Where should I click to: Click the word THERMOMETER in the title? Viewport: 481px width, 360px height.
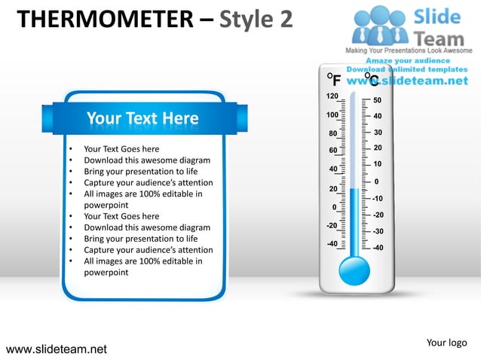click(106, 18)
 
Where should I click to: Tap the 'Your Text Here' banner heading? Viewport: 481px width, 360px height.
click(142, 118)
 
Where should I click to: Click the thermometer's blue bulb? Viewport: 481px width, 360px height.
click(354, 270)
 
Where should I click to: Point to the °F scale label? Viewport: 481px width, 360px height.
click(333, 80)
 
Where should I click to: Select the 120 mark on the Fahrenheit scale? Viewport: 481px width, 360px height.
click(332, 97)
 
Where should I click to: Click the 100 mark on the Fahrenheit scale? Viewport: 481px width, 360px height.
click(332, 115)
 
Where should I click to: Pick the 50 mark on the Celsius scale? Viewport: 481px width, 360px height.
click(378, 100)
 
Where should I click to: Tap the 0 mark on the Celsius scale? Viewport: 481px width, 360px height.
click(376, 182)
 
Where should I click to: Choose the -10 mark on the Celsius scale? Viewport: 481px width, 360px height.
click(378, 198)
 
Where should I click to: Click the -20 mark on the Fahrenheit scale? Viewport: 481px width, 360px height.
click(331, 225)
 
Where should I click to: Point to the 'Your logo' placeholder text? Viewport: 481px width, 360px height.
click(446, 343)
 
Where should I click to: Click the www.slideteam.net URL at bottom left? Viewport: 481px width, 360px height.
click(56, 349)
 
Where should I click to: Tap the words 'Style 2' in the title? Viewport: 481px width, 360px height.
click(256, 18)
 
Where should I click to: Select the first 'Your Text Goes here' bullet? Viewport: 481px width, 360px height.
click(121, 149)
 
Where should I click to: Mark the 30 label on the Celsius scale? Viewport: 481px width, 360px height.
click(378, 133)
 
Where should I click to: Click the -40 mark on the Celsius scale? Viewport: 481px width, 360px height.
click(378, 247)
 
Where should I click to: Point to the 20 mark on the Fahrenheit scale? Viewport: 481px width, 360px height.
click(333, 188)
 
